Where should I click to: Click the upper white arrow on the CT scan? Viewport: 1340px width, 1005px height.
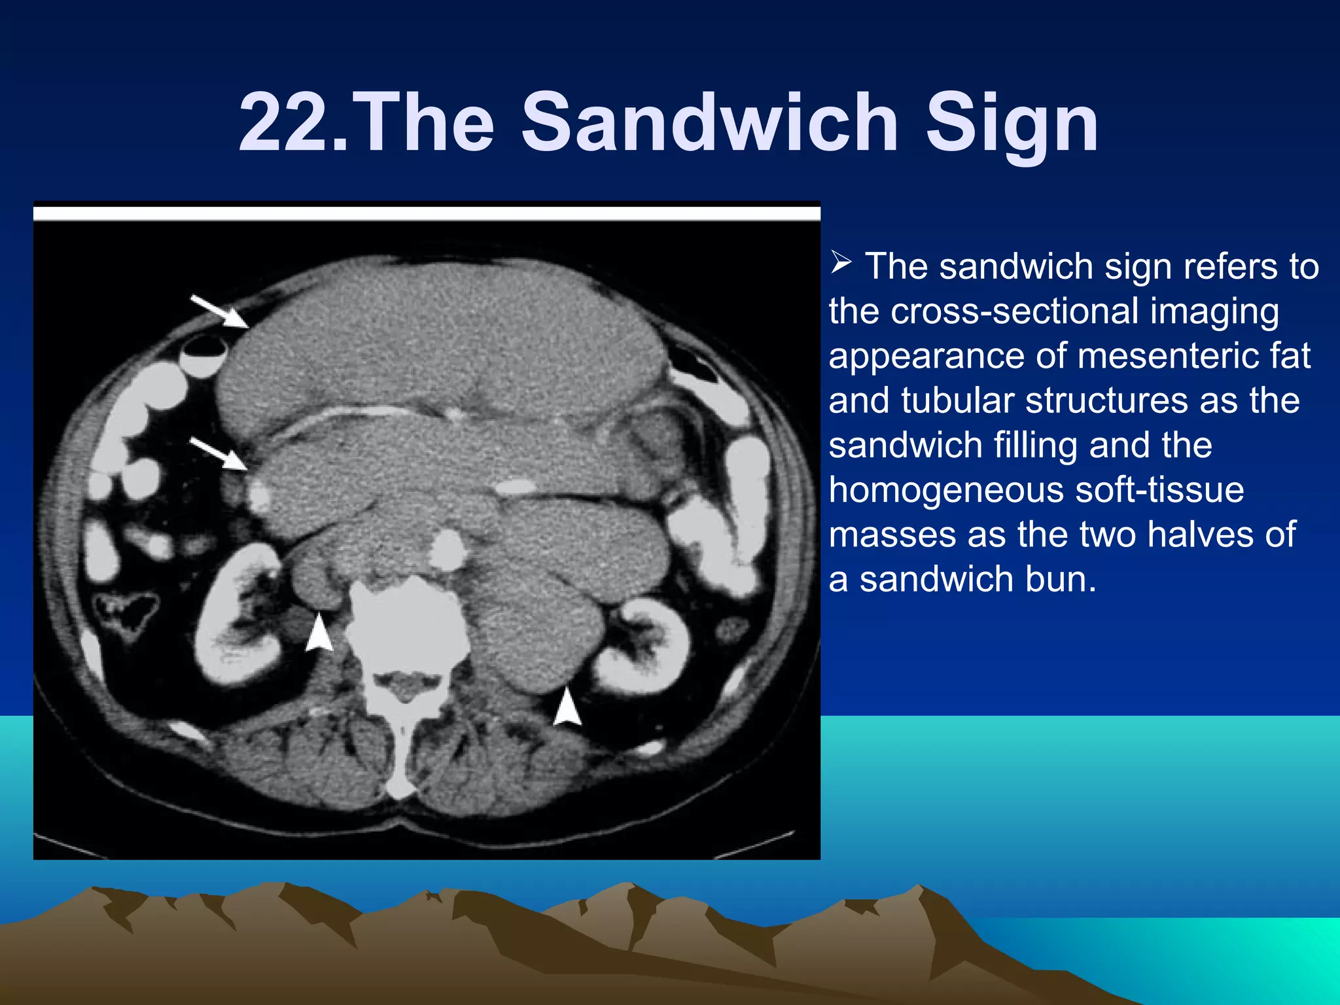point(220,311)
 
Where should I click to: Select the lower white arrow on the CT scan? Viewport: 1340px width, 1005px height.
point(219,453)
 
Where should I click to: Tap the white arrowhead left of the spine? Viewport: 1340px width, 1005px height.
point(319,633)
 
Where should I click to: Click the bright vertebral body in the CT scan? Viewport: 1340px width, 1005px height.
point(407,628)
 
